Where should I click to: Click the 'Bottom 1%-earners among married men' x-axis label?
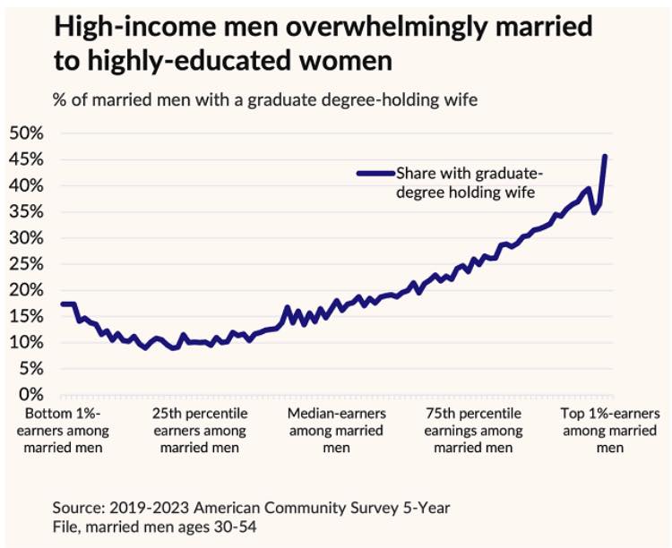[64, 431]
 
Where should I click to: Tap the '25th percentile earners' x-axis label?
[200, 431]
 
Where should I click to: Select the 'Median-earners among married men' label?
[336, 431]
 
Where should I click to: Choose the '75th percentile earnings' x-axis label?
[472, 431]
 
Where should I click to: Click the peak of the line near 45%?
[606, 157]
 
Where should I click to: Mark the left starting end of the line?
[62, 304]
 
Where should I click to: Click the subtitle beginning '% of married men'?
[265, 99]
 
